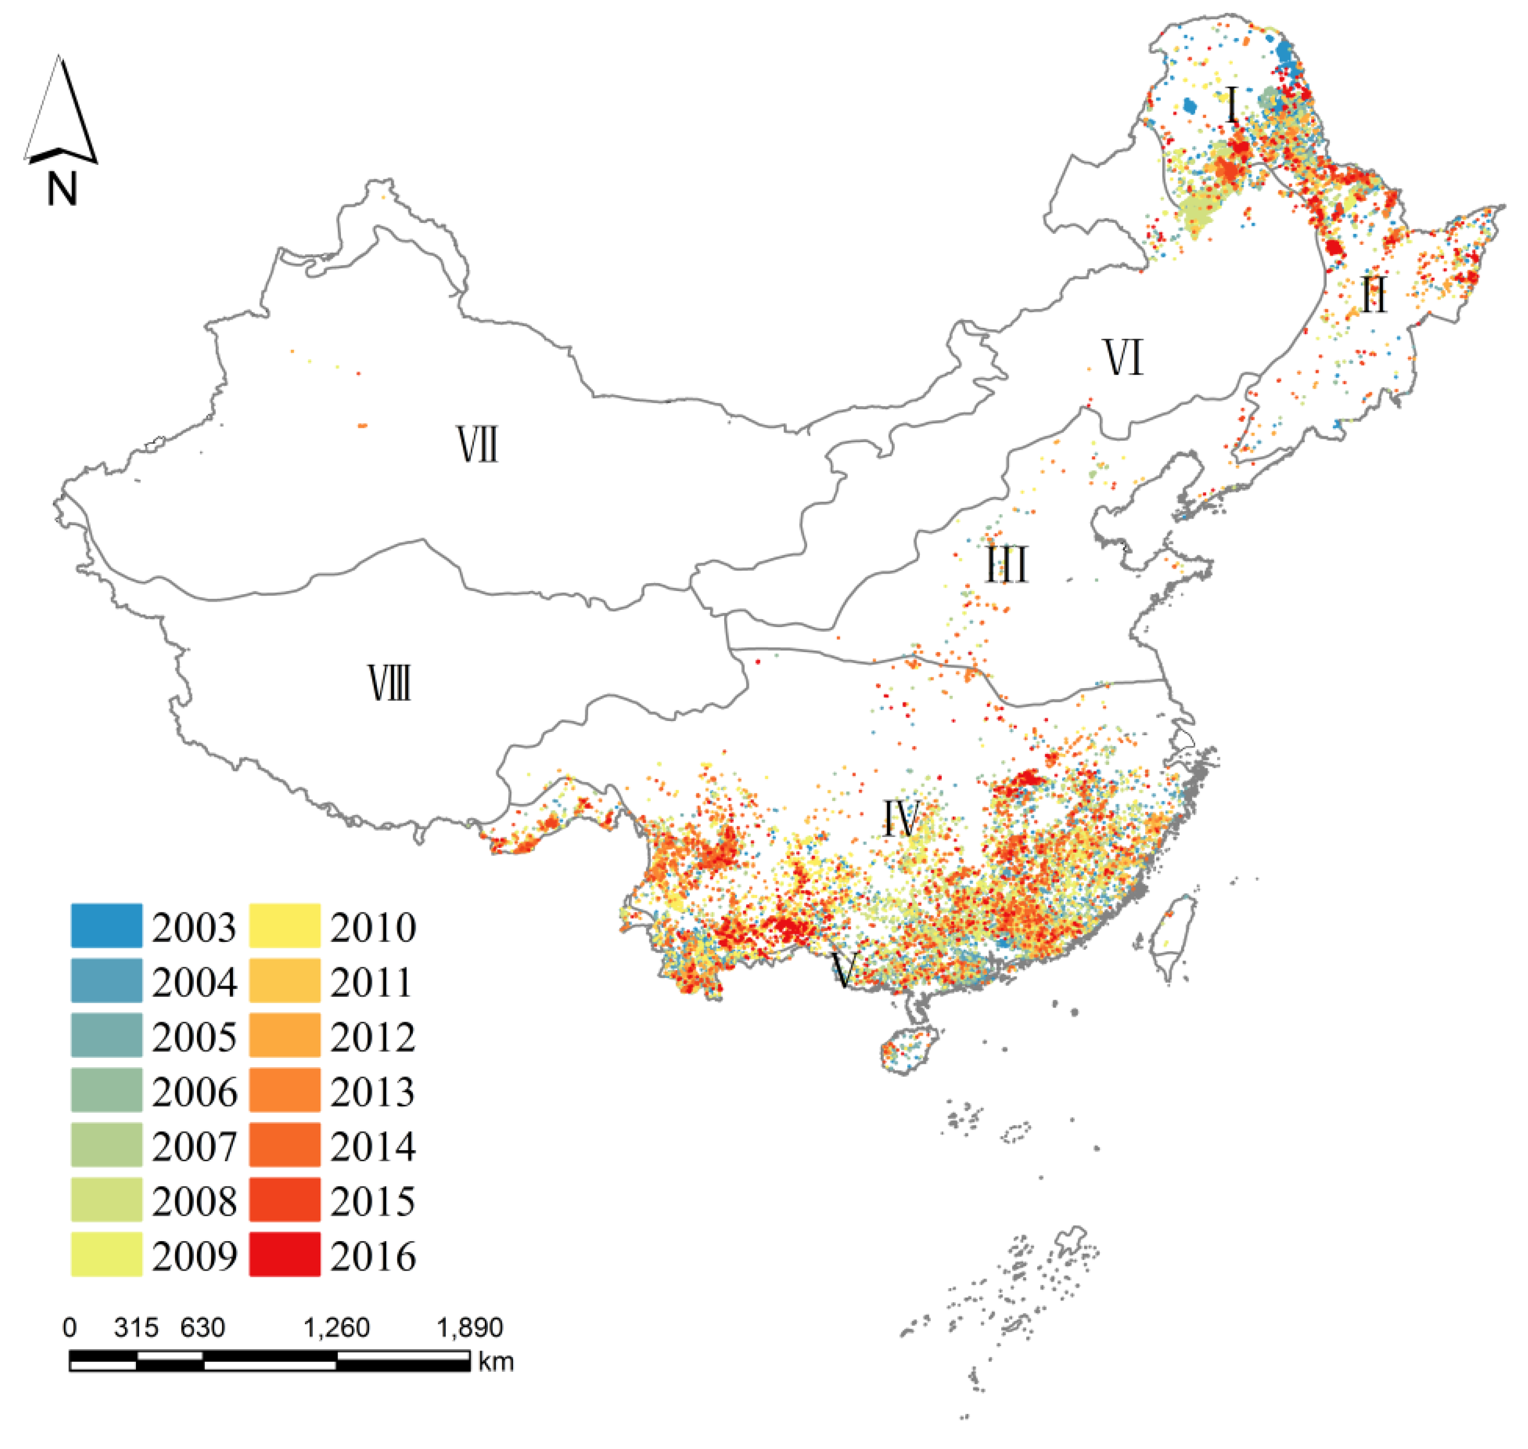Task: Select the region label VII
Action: (x=477, y=446)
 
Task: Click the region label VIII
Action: (x=389, y=684)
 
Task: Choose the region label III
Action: (x=1007, y=565)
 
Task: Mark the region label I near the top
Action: (x=1232, y=106)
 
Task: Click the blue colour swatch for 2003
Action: (x=106, y=925)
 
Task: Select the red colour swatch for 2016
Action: (x=284, y=1254)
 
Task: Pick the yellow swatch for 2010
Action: (x=284, y=925)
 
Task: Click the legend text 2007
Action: (x=194, y=1146)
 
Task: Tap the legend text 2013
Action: (x=372, y=1091)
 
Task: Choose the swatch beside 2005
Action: (x=106, y=1035)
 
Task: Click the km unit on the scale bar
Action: (x=496, y=1361)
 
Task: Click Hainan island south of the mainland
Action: (x=909, y=1049)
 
